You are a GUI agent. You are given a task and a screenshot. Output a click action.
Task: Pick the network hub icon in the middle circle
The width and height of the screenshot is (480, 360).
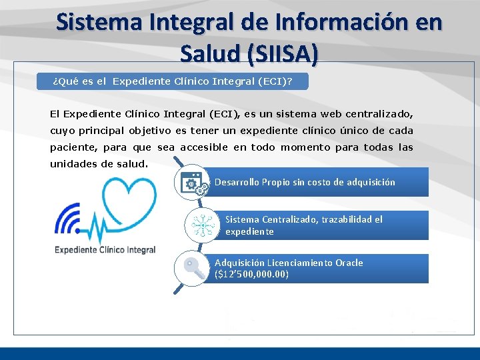click(x=201, y=226)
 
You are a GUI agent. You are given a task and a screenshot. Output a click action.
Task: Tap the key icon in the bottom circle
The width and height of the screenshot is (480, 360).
click(x=193, y=269)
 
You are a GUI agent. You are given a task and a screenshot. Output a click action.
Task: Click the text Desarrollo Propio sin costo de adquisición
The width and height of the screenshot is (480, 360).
click(x=305, y=182)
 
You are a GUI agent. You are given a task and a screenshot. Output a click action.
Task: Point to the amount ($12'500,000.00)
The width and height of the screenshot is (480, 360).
click(x=252, y=274)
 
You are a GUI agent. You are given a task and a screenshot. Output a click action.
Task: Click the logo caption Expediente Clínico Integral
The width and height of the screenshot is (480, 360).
click(x=105, y=250)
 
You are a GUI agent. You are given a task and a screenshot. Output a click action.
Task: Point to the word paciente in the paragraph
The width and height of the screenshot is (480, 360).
click(x=72, y=147)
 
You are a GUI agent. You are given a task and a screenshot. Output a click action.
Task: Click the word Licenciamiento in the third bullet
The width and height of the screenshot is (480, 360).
click(x=299, y=263)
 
